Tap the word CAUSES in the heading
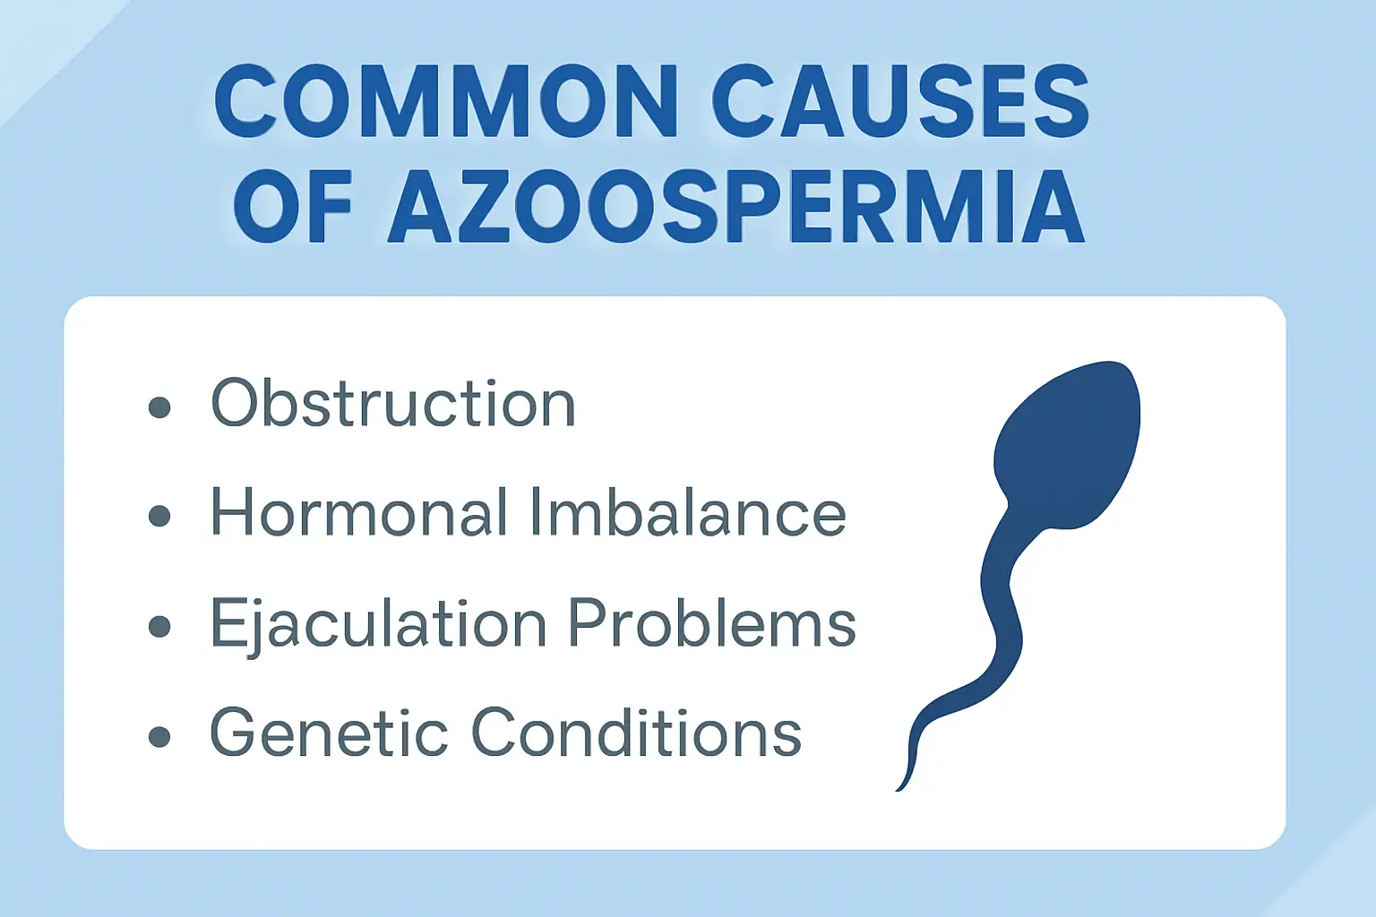pos(906,102)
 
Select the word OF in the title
pos(292,208)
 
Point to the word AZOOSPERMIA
pos(735,208)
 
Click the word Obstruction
pos(392,404)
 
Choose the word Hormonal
pos(351,513)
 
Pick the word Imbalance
pos(687,513)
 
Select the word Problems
pos(712,623)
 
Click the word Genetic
pos(328,733)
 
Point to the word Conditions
pos(636,733)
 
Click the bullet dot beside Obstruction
pos(159,407)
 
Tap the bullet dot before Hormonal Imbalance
pos(159,517)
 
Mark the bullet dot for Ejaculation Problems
pos(159,626)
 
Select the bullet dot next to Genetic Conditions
pos(159,736)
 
